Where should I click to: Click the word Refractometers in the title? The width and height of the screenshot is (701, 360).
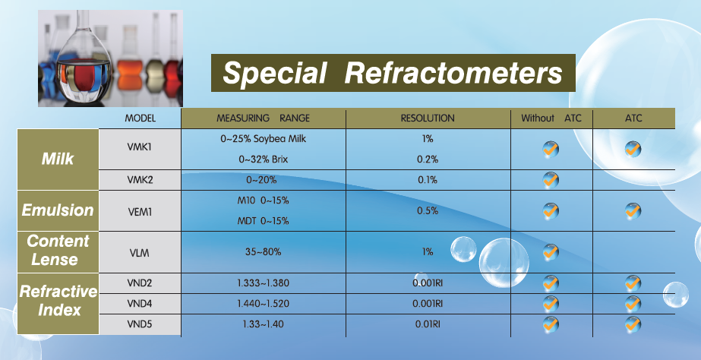453,72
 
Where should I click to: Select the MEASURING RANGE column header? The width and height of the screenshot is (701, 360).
263,118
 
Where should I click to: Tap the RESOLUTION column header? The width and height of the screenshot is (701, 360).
428,118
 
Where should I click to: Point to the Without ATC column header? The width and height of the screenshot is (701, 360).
551,118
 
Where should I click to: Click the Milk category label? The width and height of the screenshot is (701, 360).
58,159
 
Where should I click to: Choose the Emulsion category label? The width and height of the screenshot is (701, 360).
58,210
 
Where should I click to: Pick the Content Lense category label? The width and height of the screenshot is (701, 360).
58,250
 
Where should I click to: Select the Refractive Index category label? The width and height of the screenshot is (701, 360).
58,301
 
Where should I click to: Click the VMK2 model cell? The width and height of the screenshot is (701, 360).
140,180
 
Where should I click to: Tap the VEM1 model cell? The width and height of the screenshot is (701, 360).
140,212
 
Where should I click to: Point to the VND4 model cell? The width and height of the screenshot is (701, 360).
140,304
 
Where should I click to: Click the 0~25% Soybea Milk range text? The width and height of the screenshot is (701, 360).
264,139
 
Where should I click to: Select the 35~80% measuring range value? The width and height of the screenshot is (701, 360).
263,252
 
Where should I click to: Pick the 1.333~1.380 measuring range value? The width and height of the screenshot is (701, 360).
263,283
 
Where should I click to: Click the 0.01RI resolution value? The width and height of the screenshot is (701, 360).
428,324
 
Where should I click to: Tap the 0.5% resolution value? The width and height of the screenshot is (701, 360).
428,210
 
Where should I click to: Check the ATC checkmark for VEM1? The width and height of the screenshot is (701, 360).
633,210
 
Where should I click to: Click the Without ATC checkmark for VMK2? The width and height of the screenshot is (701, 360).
551,180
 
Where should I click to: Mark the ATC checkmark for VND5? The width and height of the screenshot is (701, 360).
633,324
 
